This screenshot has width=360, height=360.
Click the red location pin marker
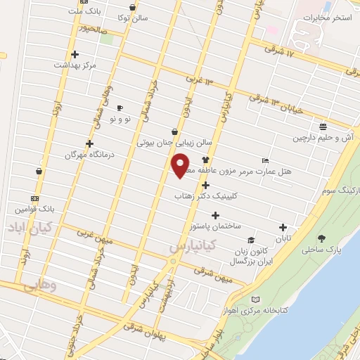(181, 166)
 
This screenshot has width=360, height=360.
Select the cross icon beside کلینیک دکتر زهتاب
(205, 186)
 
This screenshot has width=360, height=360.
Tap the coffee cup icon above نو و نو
(120, 108)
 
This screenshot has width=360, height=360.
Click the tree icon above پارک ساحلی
(322, 239)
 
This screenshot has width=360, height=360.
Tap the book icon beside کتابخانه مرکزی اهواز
(256, 300)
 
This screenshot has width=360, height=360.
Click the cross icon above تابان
(283, 227)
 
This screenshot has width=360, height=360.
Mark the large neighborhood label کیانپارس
(196, 247)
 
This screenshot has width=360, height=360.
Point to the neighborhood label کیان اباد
(27, 228)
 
